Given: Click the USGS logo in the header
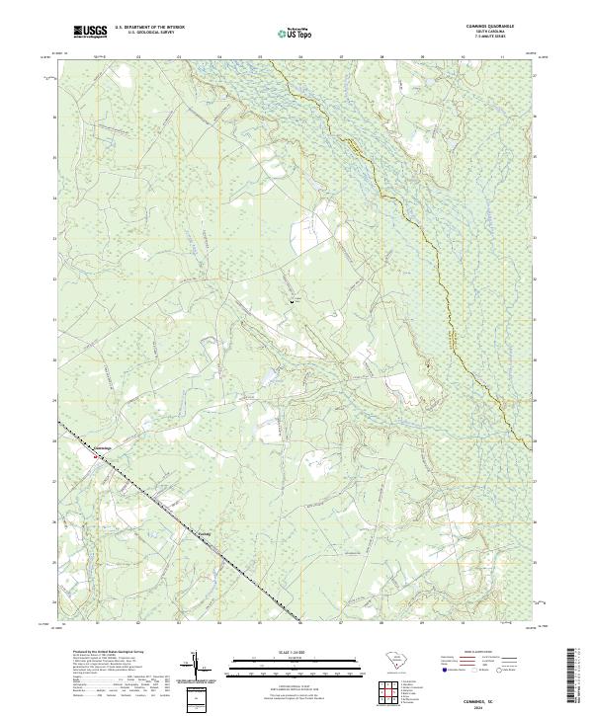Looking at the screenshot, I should [x=90, y=33].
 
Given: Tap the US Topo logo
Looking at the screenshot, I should [x=296, y=34].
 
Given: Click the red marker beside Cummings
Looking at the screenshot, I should [x=96, y=456].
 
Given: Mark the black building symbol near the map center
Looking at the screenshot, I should [x=291, y=299].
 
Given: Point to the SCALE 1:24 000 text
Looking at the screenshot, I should [x=296, y=653].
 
